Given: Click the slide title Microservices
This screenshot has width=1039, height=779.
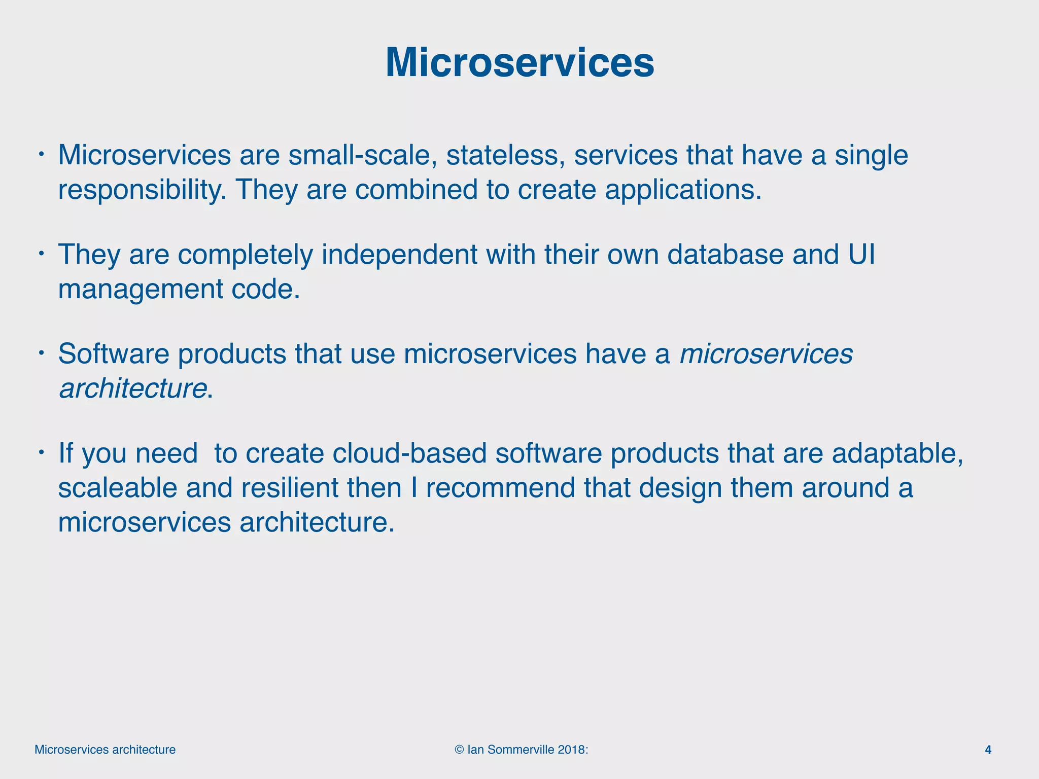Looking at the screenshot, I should coord(519,63).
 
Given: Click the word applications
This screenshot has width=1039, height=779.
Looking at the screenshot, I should coord(683,190).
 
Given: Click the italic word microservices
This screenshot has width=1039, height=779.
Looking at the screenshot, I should coord(766,354).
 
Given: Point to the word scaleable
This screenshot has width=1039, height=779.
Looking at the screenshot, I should coord(118,488).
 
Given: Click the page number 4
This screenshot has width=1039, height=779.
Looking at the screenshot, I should coord(988,750).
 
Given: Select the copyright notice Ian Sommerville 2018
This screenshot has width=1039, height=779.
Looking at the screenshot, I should coord(522,750).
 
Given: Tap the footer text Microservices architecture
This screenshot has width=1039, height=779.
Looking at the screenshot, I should coord(105,750).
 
